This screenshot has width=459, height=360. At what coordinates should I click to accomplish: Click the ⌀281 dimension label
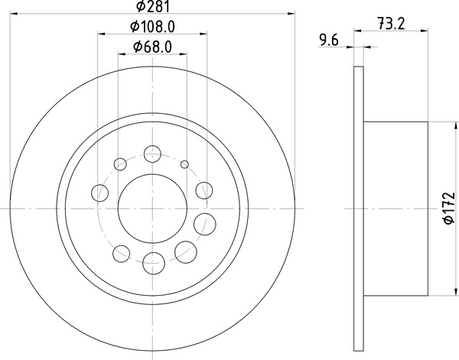coord(154,6)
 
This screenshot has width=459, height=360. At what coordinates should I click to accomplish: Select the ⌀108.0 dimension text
coord(152,27)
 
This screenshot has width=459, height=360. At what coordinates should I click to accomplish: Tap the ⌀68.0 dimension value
coord(152,47)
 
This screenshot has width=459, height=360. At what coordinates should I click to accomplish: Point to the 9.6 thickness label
coord(329,41)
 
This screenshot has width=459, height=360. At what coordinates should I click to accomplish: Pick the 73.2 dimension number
coord(391,24)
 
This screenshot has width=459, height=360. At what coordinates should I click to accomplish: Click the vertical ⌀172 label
coord(450,208)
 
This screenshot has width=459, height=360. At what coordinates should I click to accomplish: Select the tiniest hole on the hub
coord(184,164)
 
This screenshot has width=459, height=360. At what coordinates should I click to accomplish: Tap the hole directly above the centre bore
coord(152,154)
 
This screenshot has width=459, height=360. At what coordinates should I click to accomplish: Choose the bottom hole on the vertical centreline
coord(154,263)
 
